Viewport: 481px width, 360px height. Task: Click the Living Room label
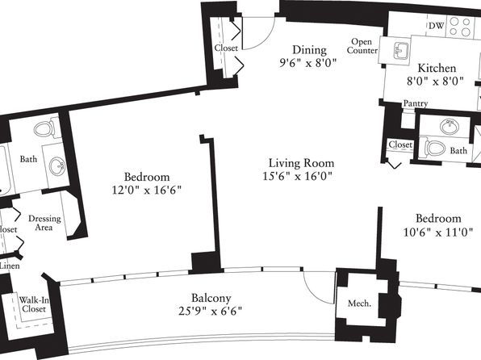pos(302,163)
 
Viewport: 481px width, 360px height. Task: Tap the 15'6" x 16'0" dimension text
pos(298,177)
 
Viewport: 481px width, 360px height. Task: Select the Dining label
pos(309,50)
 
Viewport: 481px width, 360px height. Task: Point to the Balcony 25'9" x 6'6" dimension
pos(210,312)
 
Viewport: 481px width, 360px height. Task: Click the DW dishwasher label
pos(437,26)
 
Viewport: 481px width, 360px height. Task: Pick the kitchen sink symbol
pos(401,50)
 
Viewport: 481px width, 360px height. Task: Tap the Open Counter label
pos(362,46)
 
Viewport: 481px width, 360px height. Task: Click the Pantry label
pos(416,103)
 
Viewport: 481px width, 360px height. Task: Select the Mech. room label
pos(359,303)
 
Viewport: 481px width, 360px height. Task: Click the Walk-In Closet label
pos(34,304)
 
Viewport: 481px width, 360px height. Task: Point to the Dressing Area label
pos(44,223)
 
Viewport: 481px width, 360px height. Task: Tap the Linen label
pos(10,266)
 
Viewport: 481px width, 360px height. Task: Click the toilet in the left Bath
pos(44,129)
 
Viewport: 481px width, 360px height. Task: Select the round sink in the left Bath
pos(56,166)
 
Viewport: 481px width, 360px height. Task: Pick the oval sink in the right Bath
pos(450,126)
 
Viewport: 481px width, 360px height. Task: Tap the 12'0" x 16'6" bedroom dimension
pos(147,190)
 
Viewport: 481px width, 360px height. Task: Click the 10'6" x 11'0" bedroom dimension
pos(438,232)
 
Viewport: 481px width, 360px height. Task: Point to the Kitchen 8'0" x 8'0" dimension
pos(435,82)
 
